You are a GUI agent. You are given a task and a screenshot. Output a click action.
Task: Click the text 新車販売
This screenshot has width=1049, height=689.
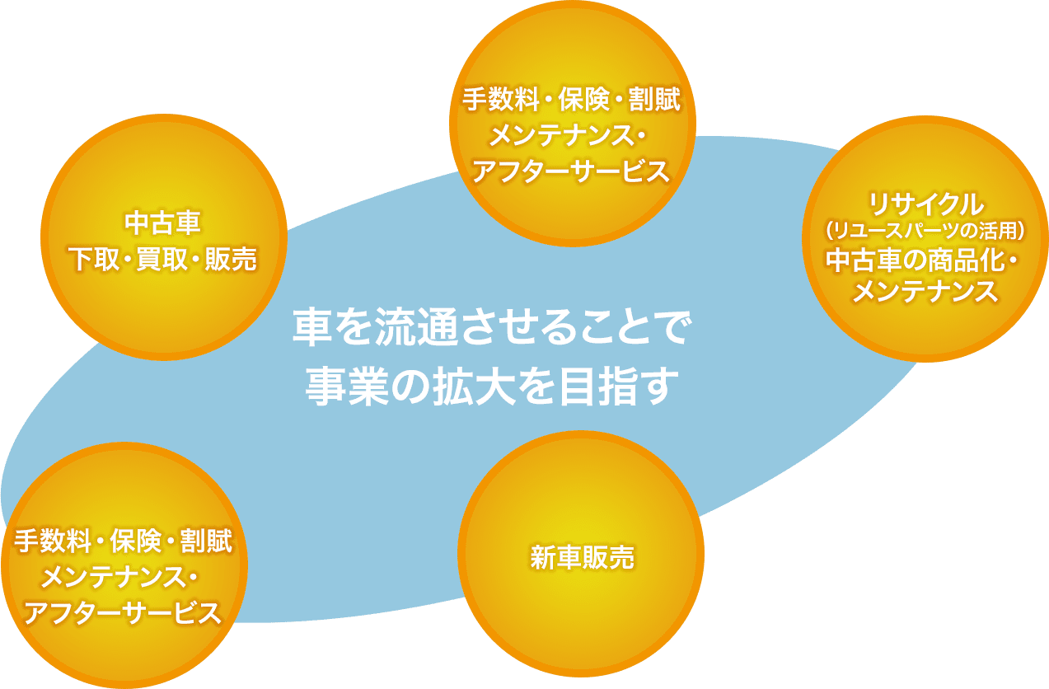click(582, 559)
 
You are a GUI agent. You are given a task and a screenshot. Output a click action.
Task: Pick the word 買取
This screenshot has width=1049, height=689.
click(163, 260)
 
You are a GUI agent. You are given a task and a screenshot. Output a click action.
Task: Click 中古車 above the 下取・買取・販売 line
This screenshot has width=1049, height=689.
click(163, 223)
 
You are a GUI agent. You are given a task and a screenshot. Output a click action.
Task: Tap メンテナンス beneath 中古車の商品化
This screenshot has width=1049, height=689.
click(925, 291)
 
